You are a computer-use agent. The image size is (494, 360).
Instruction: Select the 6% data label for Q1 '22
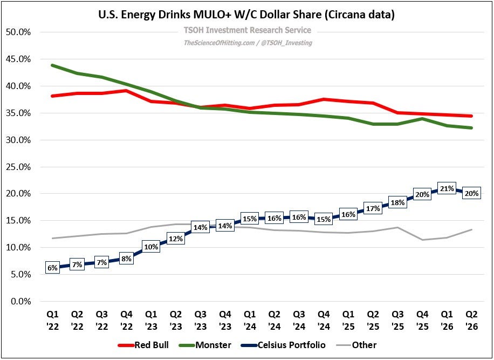coord(53,268)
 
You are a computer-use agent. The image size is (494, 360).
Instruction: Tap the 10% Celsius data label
coord(151,247)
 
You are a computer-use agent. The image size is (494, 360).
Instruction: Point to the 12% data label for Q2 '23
coord(175,239)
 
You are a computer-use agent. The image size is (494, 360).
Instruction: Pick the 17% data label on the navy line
coord(373,208)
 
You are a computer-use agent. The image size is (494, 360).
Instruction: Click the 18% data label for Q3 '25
coord(397,203)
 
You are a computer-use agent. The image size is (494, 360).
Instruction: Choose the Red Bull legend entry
coord(143,345)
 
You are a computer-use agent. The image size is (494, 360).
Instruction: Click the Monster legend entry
coord(205,345)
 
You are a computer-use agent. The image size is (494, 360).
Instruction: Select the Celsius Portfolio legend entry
coord(283,345)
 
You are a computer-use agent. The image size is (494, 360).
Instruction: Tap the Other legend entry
coord(356,345)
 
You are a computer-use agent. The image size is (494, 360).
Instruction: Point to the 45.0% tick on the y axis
coord(18,59)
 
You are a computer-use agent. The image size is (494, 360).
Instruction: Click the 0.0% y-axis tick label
coord(20,301)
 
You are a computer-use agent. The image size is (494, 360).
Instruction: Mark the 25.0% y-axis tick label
coord(18,167)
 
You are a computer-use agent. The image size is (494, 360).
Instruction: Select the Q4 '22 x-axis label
coord(126,320)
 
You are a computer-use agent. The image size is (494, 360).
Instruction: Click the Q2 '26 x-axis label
coord(472,320)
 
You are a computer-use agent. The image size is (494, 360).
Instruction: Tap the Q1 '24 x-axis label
coord(250,320)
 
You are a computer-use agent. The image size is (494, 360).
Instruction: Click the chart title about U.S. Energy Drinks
coord(246,15)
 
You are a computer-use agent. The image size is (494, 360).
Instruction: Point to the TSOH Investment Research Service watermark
coord(248,30)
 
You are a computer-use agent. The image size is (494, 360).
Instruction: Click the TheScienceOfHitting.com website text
coord(219,43)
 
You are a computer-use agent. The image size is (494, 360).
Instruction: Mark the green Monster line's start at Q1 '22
coord(53,65)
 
